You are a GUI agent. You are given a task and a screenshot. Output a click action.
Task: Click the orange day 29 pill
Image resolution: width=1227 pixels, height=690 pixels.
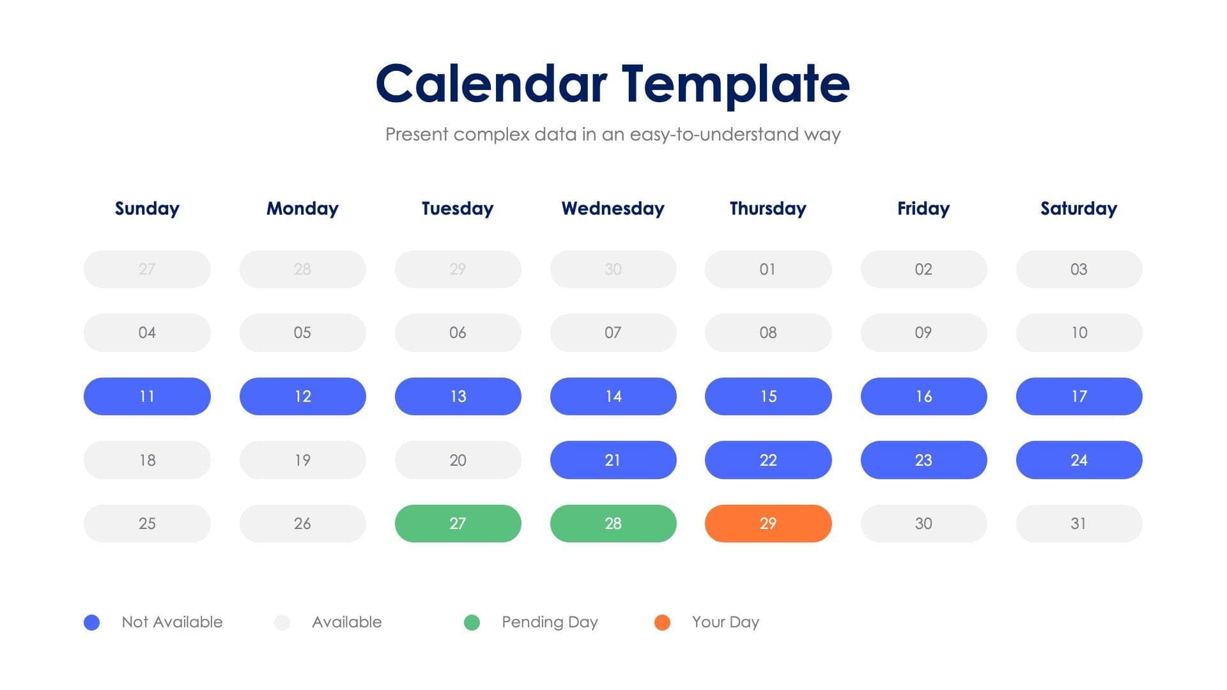(x=768, y=523)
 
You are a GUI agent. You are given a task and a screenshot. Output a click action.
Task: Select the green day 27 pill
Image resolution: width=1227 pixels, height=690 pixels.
(x=458, y=523)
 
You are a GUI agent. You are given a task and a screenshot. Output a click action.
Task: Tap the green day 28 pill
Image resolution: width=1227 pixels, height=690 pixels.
(x=613, y=523)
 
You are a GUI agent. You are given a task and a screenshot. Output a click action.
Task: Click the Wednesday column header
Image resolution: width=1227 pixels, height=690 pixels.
(x=613, y=208)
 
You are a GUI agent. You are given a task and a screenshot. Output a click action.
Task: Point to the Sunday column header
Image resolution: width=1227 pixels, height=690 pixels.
(x=147, y=208)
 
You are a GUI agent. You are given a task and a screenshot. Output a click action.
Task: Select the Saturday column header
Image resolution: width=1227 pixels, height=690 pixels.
(x=1078, y=208)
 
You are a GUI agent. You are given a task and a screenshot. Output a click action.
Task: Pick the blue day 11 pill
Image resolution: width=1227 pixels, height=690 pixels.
(x=147, y=396)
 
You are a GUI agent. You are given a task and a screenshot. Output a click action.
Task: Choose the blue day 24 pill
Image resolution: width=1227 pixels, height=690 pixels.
(x=1078, y=460)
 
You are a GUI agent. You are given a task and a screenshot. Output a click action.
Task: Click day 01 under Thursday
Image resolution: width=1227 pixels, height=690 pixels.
(x=768, y=269)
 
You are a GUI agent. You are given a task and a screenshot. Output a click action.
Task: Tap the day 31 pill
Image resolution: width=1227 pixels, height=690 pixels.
(x=1078, y=523)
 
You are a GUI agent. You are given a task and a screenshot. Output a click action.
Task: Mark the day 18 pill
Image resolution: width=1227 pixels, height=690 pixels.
(x=147, y=460)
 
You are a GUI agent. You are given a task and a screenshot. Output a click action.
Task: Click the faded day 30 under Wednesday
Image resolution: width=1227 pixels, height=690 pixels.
(x=613, y=269)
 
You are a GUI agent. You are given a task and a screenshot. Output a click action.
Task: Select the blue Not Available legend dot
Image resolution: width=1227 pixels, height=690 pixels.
(x=91, y=622)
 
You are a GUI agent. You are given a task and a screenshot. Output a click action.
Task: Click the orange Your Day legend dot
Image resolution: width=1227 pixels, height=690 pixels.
(x=662, y=622)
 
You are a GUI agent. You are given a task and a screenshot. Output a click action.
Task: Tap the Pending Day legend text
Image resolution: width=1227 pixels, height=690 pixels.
(x=550, y=622)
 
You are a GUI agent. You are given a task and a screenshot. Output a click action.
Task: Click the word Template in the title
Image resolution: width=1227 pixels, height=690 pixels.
(x=735, y=84)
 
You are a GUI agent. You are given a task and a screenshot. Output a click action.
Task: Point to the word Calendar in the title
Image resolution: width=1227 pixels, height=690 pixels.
(x=491, y=84)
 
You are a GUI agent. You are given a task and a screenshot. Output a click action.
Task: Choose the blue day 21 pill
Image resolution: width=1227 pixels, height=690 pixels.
(x=613, y=460)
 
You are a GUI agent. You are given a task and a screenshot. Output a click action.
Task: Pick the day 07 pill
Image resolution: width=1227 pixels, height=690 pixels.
(x=613, y=332)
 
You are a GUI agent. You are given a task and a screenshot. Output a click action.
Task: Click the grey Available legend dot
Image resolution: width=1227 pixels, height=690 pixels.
(x=282, y=622)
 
